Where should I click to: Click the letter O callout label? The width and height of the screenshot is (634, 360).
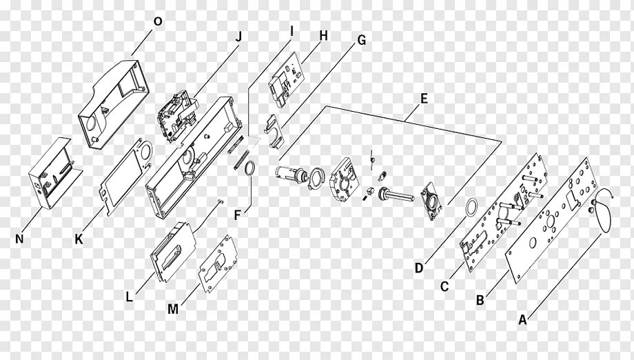[x=157, y=21]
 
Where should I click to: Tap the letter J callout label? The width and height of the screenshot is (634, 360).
[x=238, y=37]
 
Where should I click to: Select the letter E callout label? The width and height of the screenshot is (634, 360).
[x=424, y=99]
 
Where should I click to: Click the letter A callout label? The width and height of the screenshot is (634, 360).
[x=522, y=319]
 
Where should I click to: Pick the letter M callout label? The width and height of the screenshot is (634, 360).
[x=172, y=309]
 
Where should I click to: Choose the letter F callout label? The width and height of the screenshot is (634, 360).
[x=237, y=215]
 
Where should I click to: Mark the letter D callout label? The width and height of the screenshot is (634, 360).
[x=419, y=268]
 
